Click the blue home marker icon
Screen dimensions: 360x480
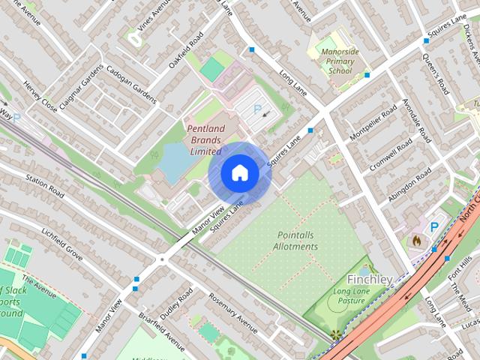[239, 173]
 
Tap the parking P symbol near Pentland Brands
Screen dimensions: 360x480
[257, 109]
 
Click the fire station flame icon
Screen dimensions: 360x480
[417, 241]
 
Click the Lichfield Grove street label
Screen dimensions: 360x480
[62, 244]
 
